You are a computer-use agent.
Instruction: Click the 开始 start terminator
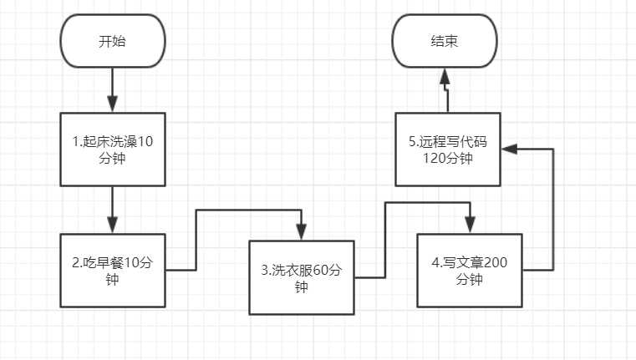click(x=112, y=41)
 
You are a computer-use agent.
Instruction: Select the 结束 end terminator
click(x=445, y=41)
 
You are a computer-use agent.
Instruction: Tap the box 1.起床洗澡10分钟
click(x=112, y=149)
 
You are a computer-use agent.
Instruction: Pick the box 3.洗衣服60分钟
click(x=302, y=277)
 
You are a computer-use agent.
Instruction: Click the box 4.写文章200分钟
click(x=469, y=271)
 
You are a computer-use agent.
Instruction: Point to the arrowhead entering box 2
click(x=112, y=225)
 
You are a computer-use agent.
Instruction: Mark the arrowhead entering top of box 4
click(x=469, y=225)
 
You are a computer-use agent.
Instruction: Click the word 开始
click(x=112, y=41)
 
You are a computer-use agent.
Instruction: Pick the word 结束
click(x=445, y=41)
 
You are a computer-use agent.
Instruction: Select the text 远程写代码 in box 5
click(x=452, y=141)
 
